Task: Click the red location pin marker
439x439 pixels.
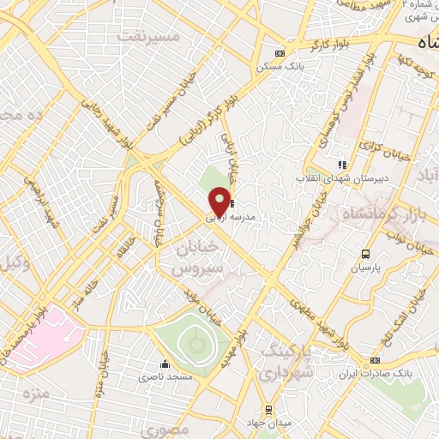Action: coord(220,202)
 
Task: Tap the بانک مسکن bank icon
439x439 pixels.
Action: coord(276,52)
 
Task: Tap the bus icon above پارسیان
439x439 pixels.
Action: coord(366,254)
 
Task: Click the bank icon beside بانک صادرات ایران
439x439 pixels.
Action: coord(375,361)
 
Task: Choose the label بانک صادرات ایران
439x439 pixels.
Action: coord(370,375)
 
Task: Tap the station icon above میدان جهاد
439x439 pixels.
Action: coord(268,409)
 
